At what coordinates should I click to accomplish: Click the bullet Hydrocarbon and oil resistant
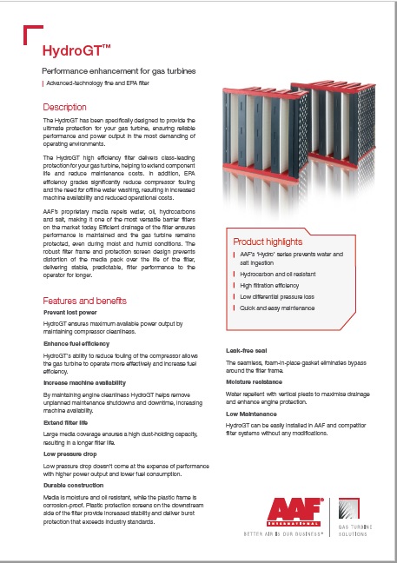tap(277, 273)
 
